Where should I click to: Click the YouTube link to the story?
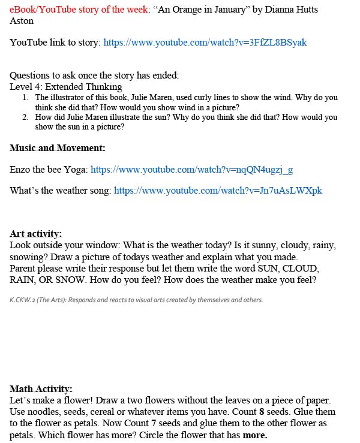pyautogui.click(x=205, y=43)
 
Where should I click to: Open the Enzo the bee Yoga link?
pyautogui.click(x=191, y=170)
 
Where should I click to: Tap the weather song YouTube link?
pyautogui.click(x=218, y=191)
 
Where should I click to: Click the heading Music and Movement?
pyautogui.click(x=58, y=148)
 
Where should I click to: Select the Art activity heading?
pyautogui.click(x=36, y=234)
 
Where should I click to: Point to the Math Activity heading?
pyautogui.click(x=41, y=389)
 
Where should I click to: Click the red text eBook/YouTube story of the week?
pyautogui.click(x=78, y=10)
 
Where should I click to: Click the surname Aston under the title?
pyautogui.click(x=22, y=21)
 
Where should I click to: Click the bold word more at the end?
pyautogui.click(x=254, y=435)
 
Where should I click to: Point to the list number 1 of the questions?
pyautogui.click(x=25, y=97)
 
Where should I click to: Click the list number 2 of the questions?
pyautogui.click(x=25, y=117)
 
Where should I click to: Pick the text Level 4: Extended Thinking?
pyautogui.click(x=65, y=86)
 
